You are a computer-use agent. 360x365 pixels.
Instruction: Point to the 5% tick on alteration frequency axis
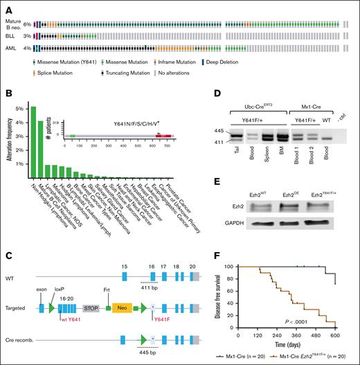click(x=18, y=108)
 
